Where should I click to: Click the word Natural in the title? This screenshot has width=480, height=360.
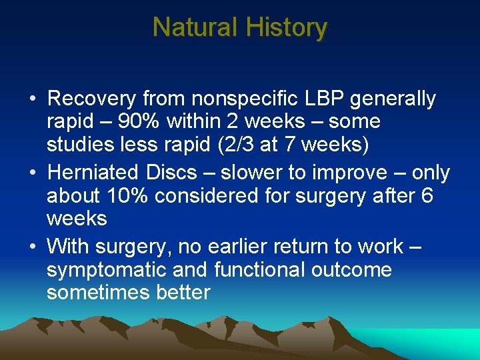click(195, 27)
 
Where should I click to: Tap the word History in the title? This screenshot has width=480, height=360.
click(286, 27)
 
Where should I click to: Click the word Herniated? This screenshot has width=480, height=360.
click(91, 172)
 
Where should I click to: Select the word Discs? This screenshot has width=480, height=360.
click(171, 172)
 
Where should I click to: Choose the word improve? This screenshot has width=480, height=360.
click(351, 172)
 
